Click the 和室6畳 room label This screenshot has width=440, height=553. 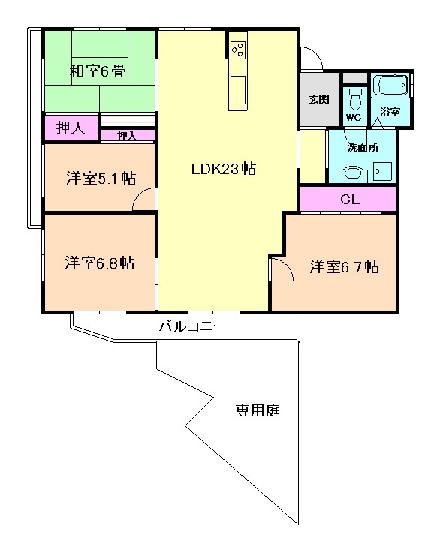98,71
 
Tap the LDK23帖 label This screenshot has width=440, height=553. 224,169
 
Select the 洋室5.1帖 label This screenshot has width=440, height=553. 101,178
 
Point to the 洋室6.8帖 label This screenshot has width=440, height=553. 100,263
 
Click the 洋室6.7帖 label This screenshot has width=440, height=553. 345,266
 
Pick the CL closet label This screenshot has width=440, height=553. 350,200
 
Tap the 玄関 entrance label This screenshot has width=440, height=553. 319,100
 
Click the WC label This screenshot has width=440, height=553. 354,118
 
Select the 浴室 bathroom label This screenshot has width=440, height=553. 390,112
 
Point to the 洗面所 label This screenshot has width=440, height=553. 363,147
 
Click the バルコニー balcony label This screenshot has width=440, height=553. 193,326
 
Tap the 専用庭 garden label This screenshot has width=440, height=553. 258,410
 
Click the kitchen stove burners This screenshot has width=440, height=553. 238,50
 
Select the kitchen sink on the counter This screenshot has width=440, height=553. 238,90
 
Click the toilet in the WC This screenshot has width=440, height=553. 355,99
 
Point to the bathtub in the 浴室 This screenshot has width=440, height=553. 390,85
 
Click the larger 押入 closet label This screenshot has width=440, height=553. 71,128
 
